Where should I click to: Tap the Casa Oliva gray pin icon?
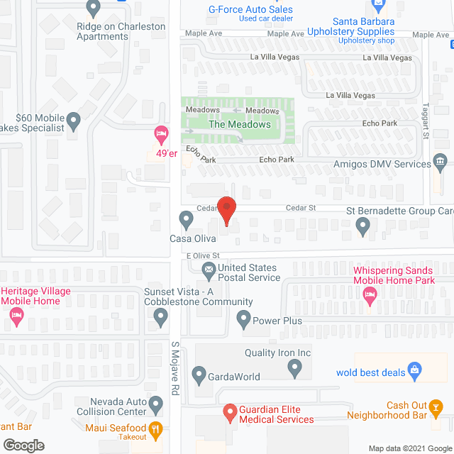[187, 219]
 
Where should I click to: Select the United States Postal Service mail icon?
[209, 269]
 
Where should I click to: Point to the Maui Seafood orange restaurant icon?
[157, 428]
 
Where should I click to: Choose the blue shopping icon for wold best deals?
[416, 370]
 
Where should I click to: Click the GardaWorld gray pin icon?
[199, 376]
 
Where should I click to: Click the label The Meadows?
[239, 124]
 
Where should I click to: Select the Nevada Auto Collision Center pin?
[157, 405]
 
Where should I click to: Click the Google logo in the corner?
[22, 445]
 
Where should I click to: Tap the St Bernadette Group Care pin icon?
[363, 226]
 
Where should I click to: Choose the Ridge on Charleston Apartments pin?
[93, 9]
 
